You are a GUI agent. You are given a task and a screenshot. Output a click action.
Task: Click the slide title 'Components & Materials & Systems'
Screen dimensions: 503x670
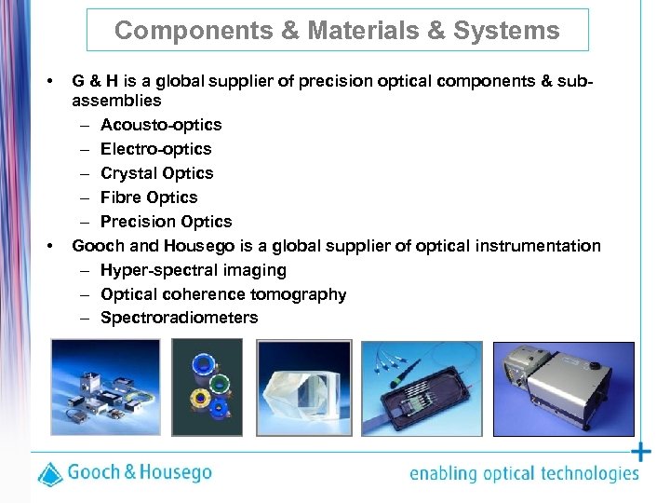pyautogui.click(x=337, y=31)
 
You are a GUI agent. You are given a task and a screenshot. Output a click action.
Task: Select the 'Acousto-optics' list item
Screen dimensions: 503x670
pyautogui.click(x=161, y=125)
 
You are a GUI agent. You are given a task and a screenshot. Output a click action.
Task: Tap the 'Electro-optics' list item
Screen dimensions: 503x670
pyautogui.click(x=155, y=149)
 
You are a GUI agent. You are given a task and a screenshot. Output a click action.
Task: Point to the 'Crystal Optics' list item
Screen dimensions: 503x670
pyautogui.click(x=156, y=173)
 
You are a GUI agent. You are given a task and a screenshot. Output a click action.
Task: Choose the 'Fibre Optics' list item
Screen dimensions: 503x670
pyautogui.click(x=149, y=197)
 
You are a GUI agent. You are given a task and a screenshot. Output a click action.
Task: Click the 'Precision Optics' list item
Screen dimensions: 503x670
pyautogui.click(x=166, y=222)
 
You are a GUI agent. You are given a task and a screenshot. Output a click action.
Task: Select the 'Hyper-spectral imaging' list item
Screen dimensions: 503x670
pyautogui.click(x=194, y=270)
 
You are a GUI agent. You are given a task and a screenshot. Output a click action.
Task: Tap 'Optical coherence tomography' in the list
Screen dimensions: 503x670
pyautogui.click(x=223, y=294)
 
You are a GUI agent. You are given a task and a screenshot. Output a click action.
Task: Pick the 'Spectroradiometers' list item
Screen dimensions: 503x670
pyautogui.click(x=179, y=319)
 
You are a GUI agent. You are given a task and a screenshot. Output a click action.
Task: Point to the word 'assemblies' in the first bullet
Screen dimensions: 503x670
pyautogui.click(x=116, y=101)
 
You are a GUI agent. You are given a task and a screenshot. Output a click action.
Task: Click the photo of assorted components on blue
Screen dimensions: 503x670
pyautogui.click(x=104, y=388)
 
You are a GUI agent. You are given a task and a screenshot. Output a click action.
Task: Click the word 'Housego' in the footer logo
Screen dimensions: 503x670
pyautogui.click(x=175, y=471)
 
